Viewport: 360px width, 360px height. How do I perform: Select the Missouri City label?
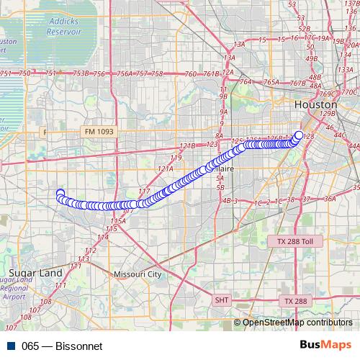click(x=138, y=274)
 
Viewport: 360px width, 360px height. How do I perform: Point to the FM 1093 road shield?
click(x=99, y=132)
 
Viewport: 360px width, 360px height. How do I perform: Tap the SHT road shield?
click(x=222, y=299)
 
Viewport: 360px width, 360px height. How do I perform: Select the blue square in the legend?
click(x=8, y=346)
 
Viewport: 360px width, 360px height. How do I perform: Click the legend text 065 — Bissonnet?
click(x=63, y=346)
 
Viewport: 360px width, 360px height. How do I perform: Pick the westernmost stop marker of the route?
click(x=60, y=193)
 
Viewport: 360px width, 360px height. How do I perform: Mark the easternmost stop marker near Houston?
click(x=299, y=134)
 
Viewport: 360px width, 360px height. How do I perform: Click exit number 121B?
click(x=187, y=146)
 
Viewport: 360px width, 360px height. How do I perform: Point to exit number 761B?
click(x=210, y=74)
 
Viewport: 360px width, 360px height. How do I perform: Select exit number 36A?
click(x=330, y=198)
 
